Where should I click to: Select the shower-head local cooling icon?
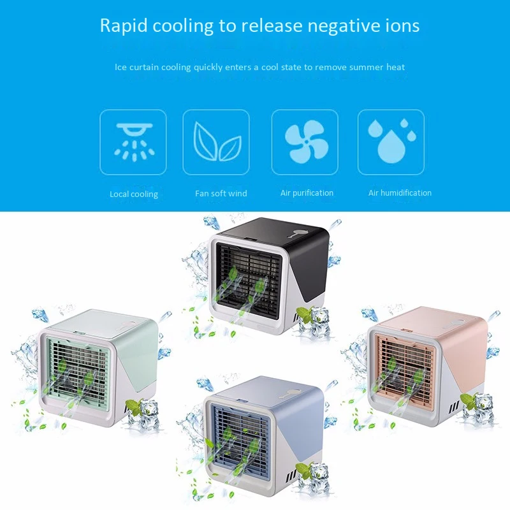(133, 142)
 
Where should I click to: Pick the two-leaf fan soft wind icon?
(216, 142)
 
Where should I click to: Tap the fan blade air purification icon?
(304, 142)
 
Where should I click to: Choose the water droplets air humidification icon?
(390, 142)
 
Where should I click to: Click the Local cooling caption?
(134, 194)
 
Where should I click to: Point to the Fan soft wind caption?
(221, 193)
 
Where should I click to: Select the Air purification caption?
(307, 193)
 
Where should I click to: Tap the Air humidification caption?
(400, 193)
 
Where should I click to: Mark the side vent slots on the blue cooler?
(290, 475)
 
